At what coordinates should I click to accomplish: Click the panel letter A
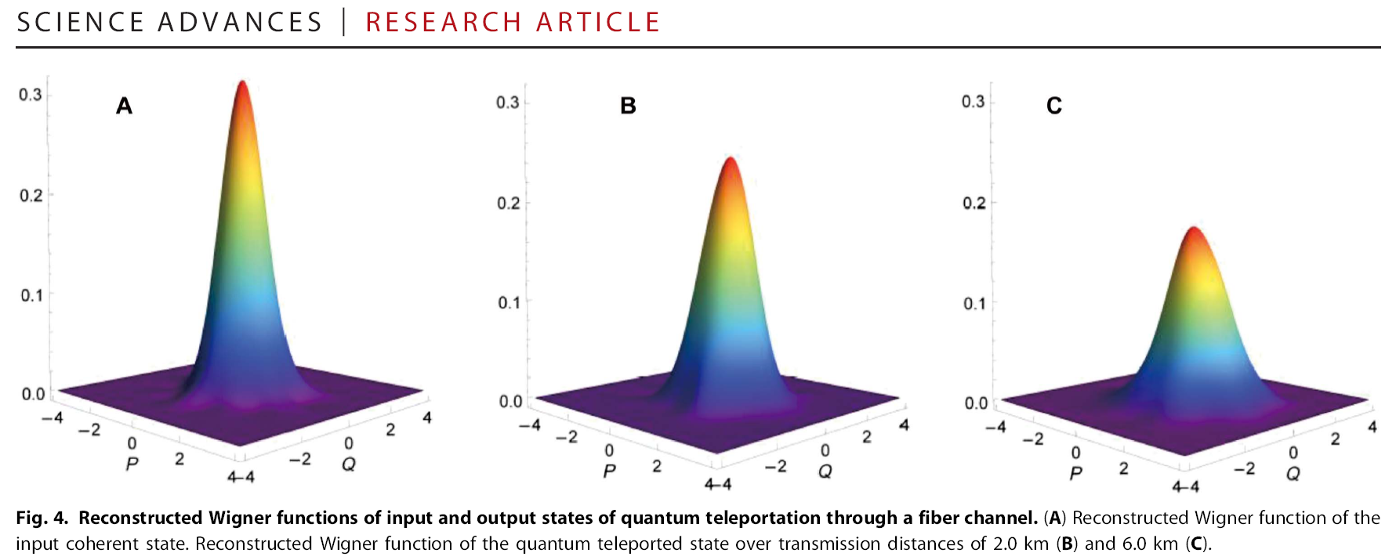pos(124,106)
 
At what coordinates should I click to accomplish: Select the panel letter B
pos(628,106)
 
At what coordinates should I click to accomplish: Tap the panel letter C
pos(1054,106)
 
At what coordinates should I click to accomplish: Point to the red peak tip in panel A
pos(243,83)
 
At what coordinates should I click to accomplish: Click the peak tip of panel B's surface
pos(731,160)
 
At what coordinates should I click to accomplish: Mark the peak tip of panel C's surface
pos(1193,229)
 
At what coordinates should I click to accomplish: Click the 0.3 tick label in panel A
pos(31,95)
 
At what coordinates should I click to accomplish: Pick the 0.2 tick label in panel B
pos(508,204)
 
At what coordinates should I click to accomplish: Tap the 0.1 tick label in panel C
pos(974,304)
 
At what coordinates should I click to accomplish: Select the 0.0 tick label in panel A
pos(33,394)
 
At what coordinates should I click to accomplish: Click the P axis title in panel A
pos(132,464)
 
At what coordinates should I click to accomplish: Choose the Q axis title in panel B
pos(825,471)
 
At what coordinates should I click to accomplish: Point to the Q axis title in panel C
pos(1293,474)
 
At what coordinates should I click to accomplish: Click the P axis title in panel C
pos(1075,474)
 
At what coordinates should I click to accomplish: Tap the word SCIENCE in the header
pos(80,22)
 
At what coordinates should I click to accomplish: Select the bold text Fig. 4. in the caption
pos(42,518)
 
